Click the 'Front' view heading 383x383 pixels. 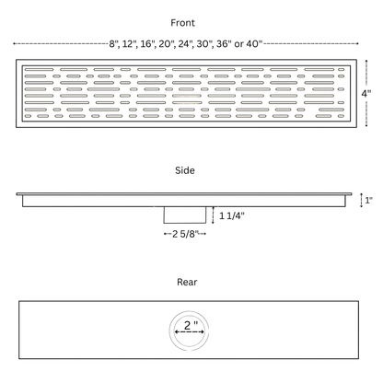(x=182, y=23)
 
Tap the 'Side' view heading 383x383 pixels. (x=185, y=170)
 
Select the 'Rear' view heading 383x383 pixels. (x=187, y=282)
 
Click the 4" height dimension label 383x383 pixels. (x=366, y=93)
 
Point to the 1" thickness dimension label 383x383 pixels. (x=369, y=201)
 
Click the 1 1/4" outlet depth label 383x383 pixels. (x=232, y=215)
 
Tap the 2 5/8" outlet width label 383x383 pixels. (x=185, y=234)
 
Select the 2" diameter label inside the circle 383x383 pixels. (x=191, y=325)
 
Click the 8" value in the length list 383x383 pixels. (x=114, y=44)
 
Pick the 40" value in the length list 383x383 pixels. (x=254, y=43)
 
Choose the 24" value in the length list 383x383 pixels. (x=185, y=44)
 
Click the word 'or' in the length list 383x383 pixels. (x=238, y=44)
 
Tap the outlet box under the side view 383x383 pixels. (x=185, y=215)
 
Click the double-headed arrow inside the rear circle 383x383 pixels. (x=190, y=331)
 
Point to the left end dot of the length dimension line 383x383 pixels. (x=14, y=43)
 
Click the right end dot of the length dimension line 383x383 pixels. (x=357, y=43)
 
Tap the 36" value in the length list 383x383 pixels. (x=224, y=44)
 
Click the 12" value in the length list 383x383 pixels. (x=130, y=44)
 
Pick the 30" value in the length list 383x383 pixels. (x=204, y=44)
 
